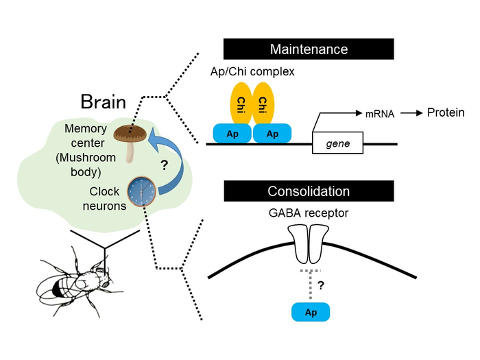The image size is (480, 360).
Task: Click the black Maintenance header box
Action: [x=309, y=49]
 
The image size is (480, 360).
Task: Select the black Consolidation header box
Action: [x=309, y=191]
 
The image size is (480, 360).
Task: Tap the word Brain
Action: [x=104, y=102]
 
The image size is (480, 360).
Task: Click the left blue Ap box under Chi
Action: [x=232, y=134]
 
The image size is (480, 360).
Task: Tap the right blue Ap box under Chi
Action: [x=272, y=134]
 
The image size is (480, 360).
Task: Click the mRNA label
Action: [x=380, y=115]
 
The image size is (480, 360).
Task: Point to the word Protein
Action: [x=446, y=112]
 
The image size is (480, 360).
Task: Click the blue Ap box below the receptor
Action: [x=310, y=312]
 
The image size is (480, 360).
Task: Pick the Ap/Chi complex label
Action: [x=252, y=71]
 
